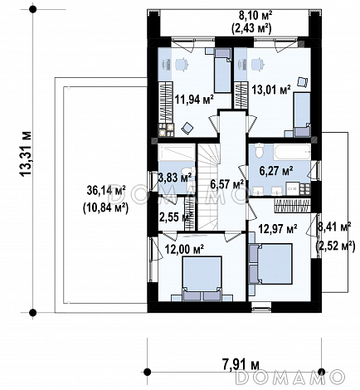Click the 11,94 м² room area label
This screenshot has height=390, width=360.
[194, 100]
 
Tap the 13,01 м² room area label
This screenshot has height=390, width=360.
[271, 90]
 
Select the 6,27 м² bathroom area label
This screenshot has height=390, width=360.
[276, 171]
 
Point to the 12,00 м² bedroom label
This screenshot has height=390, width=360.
[184, 250]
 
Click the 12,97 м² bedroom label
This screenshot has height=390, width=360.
[278, 228]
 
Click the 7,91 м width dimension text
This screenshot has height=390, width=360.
[241, 364]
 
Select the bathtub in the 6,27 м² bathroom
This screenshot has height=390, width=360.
[292, 152]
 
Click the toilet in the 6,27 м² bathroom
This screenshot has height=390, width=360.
[260, 150]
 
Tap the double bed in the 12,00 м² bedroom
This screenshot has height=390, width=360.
[202, 279]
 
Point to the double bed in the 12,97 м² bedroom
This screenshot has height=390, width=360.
[270, 264]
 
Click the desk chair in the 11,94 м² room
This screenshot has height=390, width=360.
[182, 64]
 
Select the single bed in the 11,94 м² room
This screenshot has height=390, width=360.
[222, 71]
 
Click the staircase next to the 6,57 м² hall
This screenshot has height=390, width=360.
[208, 187]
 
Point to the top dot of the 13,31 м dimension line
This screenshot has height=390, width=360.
[33, 9]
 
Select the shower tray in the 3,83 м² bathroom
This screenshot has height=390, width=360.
[177, 152]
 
